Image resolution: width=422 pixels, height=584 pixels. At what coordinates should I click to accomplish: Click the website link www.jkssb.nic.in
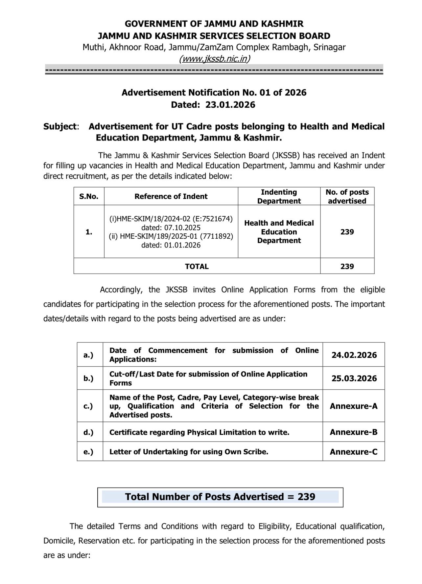coord(214,59)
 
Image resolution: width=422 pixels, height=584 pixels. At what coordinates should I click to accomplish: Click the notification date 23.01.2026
coord(230,105)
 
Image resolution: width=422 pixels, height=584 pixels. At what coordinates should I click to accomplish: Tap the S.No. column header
coord(89,196)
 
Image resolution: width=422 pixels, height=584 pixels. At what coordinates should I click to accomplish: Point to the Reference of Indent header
coord(171,196)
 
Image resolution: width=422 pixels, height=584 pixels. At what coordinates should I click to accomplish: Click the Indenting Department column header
coord(279,196)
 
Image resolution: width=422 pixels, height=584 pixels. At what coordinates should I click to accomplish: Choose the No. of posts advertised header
coord(347,196)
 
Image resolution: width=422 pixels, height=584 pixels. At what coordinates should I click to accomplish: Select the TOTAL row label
coord(197,266)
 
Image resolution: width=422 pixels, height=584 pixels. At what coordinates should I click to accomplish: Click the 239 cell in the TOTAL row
coord(347,266)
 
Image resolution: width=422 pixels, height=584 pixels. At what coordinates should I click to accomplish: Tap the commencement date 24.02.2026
coord(354,355)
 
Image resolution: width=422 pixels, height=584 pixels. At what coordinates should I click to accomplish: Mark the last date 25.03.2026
coord(354,379)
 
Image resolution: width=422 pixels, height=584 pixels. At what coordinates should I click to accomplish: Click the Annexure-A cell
coord(354,406)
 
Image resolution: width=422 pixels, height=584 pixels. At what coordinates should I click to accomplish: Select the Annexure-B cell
coord(354,432)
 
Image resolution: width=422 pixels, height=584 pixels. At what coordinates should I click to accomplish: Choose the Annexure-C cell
coord(354,452)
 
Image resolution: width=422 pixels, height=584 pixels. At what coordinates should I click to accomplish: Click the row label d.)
coord(88,432)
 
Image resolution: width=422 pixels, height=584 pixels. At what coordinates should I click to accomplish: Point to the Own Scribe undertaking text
coord(189,452)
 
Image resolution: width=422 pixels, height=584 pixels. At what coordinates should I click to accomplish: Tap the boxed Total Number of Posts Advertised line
coord(220,497)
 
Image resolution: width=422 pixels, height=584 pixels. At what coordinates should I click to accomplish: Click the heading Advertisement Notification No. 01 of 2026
coord(214,93)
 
